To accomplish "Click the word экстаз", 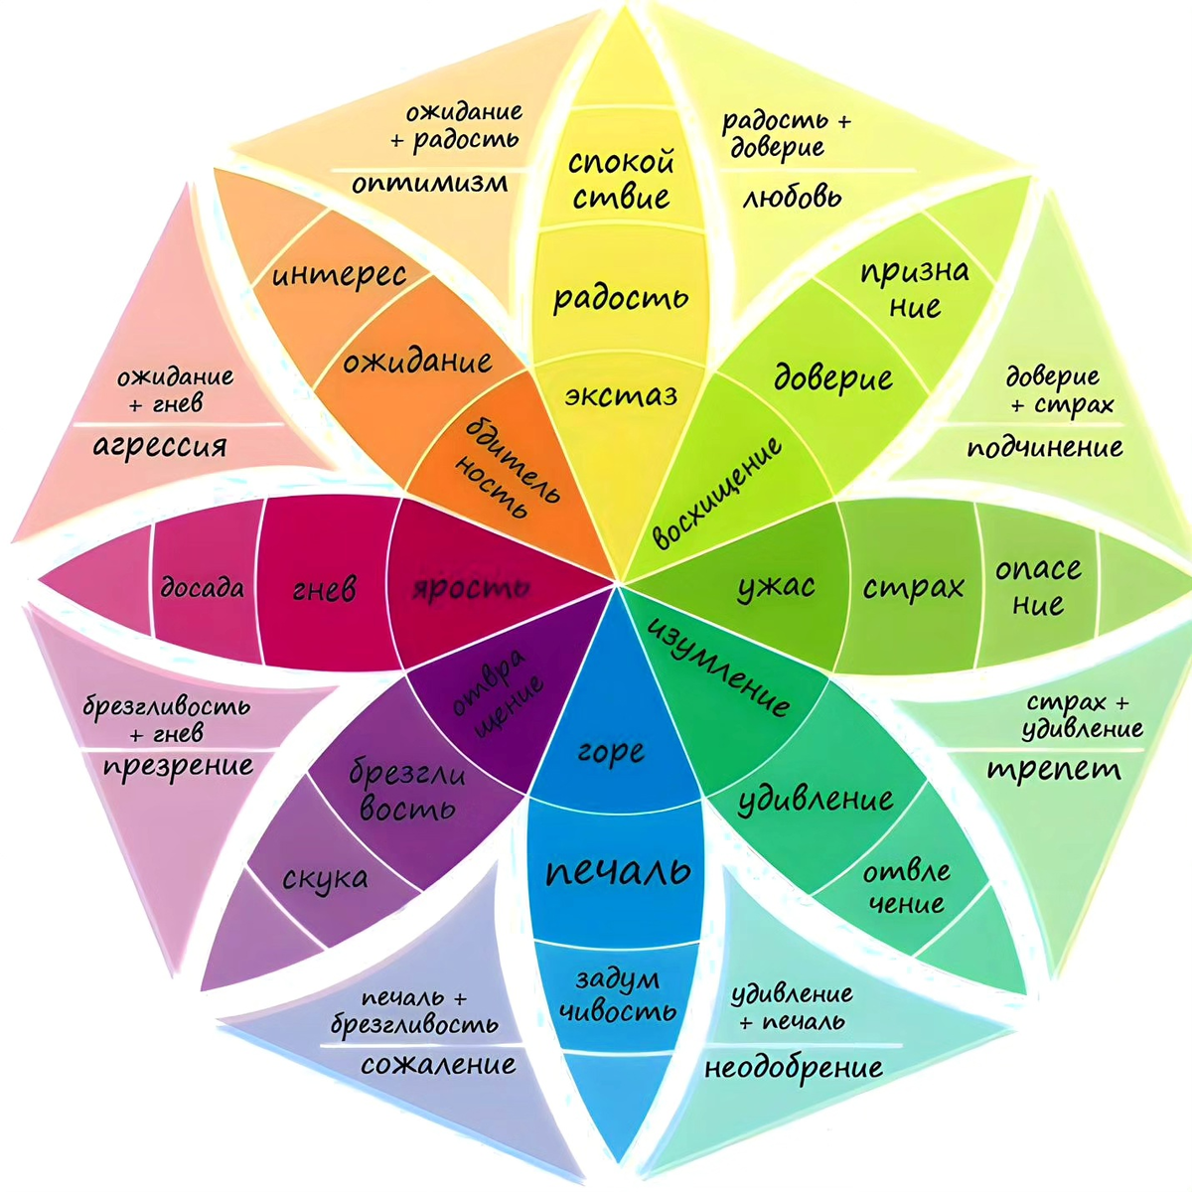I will coord(621,396).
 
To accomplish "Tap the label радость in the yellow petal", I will coord(620,297).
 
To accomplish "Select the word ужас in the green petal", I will coord(776,586).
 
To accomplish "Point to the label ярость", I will coord(470,588).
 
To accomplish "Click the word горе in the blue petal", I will coord(610,752).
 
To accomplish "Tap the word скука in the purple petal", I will coord(325,878).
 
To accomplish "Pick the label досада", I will coord(203,587).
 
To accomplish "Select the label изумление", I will coord(718,667).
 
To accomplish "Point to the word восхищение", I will coord(718,493).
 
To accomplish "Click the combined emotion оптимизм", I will coord(429,183).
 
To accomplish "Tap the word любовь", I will coord(792,196).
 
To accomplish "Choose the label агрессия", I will coord(160,446).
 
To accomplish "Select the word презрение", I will coord(178,767).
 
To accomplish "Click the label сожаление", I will coord(438,1066).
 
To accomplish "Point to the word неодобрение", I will coord(793,1068).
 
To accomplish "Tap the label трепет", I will coord(1054,769).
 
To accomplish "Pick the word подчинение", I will coord(1045,448).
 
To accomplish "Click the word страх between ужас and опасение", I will coord(913,587).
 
